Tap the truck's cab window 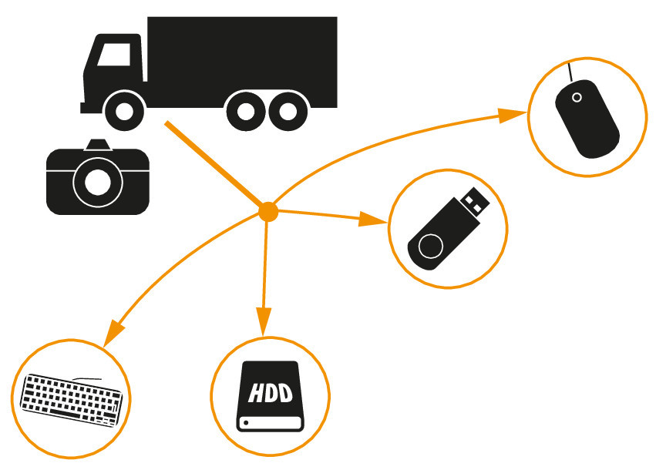(114, 55)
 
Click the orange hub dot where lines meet (267, 211)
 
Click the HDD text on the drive (271, 394)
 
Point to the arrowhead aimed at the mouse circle (510, 116)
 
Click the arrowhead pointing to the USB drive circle (375, 220)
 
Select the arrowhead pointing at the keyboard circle (113, 332)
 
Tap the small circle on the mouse (577, 97)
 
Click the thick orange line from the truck (212, 163)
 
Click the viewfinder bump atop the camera (97, 144)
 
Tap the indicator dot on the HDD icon (246, 422)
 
